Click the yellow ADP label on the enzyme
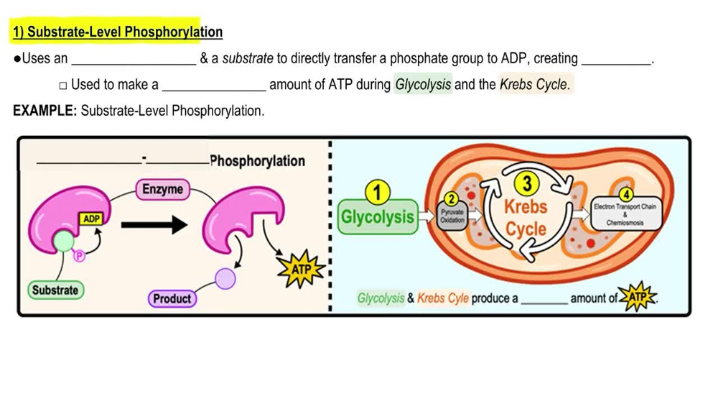click(91, 219)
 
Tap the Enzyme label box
click(162, 190)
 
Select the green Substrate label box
click(55, 290)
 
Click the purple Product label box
click(172, 298)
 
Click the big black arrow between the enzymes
click(154, 226)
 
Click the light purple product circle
click(225, 277)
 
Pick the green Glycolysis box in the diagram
click(378, 216)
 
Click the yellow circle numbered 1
click(378, 193)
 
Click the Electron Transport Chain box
click(625, 214)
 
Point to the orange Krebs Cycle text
click(526, 218)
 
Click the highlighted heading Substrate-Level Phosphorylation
click(118, 32)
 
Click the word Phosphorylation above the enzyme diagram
click(258, 161)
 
